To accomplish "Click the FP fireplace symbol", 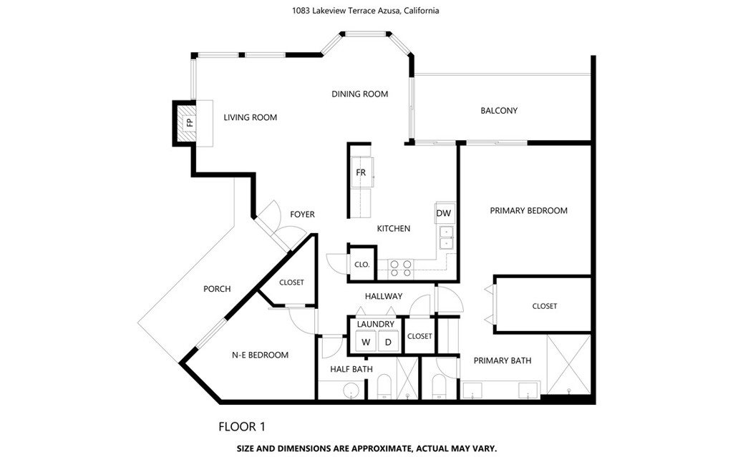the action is click(189, 123).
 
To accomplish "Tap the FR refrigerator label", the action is click(361, 172).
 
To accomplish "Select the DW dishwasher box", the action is click(444, 214).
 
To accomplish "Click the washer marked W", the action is click(366, 342).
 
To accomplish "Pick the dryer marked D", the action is click(388, 342).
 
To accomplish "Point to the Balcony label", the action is click(499, 111).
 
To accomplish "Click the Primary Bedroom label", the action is click(528, 211).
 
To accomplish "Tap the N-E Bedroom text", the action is click(260, 355).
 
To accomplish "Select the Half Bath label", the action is click(351, 369).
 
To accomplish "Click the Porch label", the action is click(217, 289).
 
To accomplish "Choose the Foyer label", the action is click(302, 215).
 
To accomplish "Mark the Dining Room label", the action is click(359, 94).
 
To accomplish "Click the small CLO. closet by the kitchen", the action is click(361, 265).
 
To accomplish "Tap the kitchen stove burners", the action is click(401, 268).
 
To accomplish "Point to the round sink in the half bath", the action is click(349, 389).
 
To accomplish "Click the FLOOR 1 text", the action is click(242, 427).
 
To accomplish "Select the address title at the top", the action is click(366, 11).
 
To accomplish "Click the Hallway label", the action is click(384, 296).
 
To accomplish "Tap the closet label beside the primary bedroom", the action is click(545, 306).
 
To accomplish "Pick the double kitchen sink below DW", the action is click(446, 237).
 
